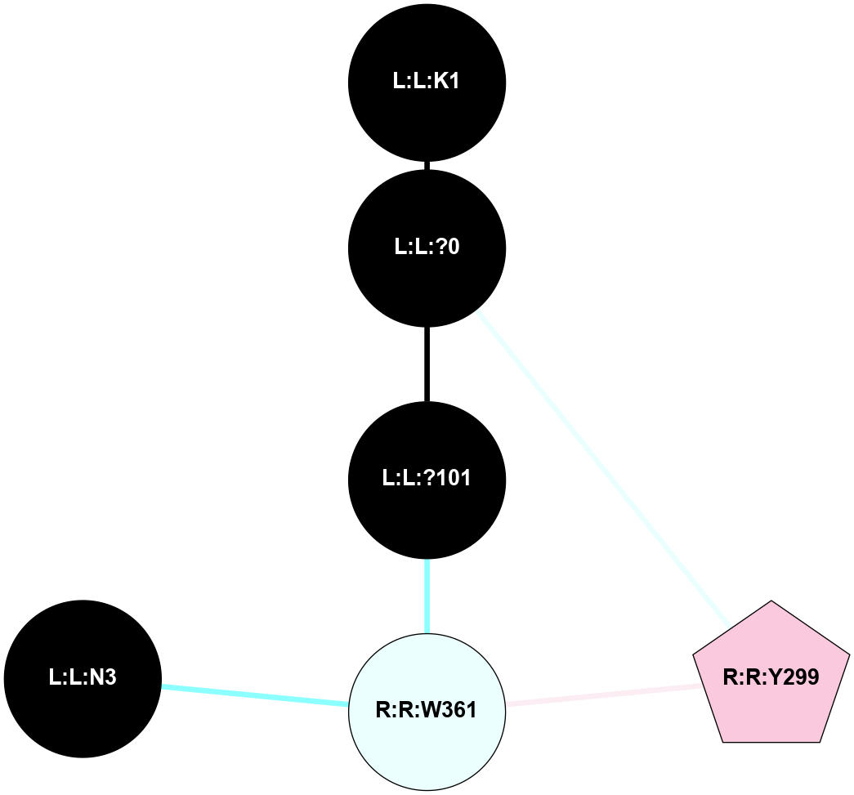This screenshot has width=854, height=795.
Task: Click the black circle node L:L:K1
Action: coord(427,82)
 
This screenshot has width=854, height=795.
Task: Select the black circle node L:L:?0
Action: coord(427,247)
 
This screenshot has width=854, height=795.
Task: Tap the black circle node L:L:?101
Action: coord(427,479)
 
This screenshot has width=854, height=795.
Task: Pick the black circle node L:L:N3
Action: coord(83,678)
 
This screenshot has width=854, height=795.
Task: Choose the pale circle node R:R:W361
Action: coord(427,711)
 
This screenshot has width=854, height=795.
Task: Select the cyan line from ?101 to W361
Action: coord(427,595)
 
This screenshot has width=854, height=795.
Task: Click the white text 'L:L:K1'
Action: coord(427,82)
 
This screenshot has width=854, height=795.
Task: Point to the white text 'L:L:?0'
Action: coord(427,247)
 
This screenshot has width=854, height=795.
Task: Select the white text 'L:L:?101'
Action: coord(427,479)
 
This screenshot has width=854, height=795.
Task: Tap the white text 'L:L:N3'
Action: coord(83,678)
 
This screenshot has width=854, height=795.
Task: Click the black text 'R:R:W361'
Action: coord(427,711)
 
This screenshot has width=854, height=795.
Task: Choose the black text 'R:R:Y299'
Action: coord(771,677)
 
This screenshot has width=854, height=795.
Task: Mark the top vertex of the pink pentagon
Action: coord(771,601)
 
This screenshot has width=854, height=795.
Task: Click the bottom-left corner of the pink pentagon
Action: coord(723,741)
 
